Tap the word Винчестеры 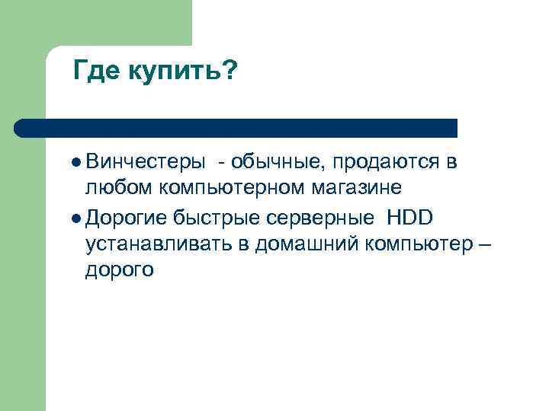pyautogui.click(x=145, y=161)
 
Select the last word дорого pyautogui.click(x=120, y=269)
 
